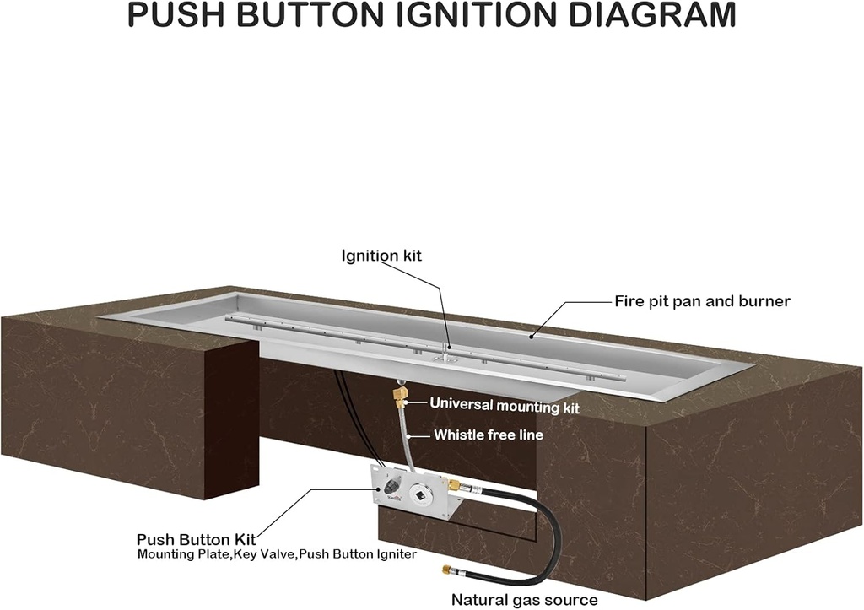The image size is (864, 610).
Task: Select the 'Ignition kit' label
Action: (x=381, y=255)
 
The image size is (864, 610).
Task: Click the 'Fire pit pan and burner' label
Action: (x=702, y=300)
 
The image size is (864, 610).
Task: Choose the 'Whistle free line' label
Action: (x=489, y=435)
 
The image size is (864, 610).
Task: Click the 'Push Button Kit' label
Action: (x=196, y=538)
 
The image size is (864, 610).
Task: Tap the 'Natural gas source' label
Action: (x=524, y=600)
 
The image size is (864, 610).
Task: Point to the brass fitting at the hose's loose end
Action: (x=449, y=572)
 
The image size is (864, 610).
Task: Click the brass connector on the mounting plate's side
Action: (x=454, y=486)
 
